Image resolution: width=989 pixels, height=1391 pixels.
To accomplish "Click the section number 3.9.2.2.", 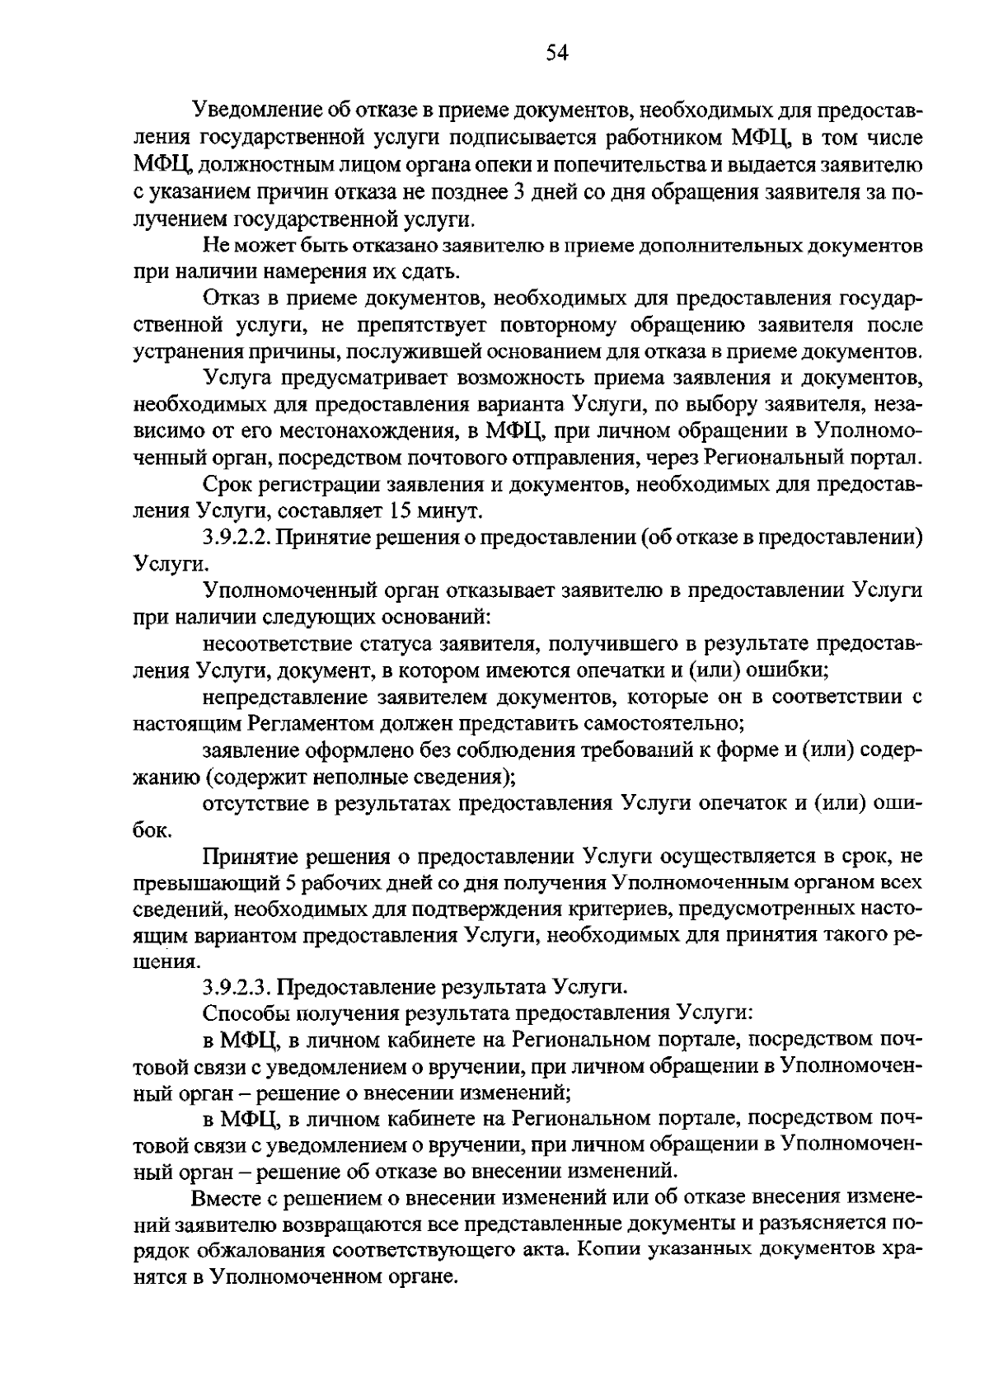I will (236, 538).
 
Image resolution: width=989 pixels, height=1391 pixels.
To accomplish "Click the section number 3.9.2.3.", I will (236, 987).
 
